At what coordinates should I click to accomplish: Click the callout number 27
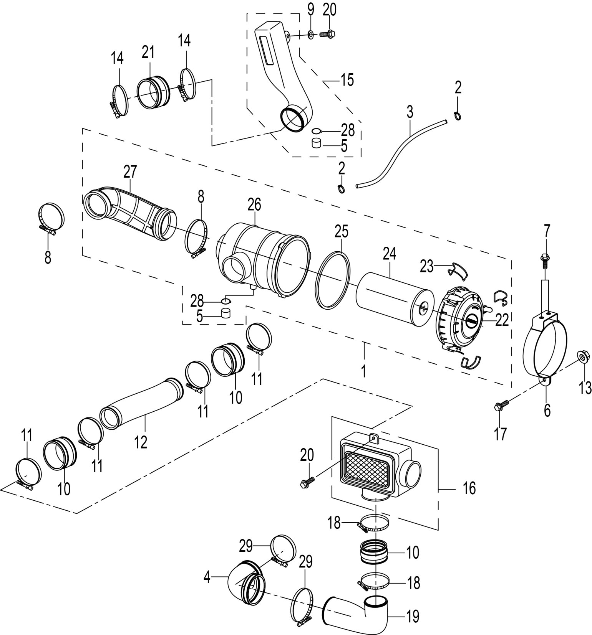(x=130, y=172)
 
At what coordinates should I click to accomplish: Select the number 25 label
(x=341, y=231)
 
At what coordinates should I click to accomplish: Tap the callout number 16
(x=469, y=488)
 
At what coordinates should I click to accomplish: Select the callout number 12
(x=141, y=442)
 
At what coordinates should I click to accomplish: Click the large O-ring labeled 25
(x=333, y=280)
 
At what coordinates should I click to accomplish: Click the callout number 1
(x=363, y=371)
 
